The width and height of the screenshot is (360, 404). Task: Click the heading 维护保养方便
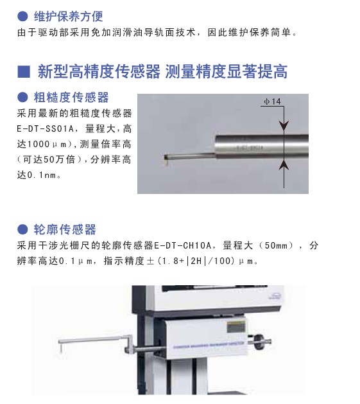coord(68,17)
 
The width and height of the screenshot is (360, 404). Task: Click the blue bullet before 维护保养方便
coord(22,17)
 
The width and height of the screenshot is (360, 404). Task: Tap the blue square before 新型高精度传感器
coord(24,72)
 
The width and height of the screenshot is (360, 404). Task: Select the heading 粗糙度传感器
coord(71,97)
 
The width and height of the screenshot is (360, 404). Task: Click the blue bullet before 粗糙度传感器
coord(22,98)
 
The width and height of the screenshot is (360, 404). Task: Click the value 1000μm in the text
coord(47,144)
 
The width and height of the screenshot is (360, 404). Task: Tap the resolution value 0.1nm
coord(42,175)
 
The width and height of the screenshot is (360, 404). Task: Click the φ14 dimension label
coord(272,101)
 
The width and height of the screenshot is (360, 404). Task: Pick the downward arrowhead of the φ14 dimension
coord(284,126)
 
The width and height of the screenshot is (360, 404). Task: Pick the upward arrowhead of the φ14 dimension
coord(284,165)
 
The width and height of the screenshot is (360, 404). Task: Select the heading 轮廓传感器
coord(65,229)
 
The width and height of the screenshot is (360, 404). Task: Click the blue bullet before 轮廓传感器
coord(22,229)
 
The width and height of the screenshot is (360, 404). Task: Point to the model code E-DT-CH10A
coord(183,245)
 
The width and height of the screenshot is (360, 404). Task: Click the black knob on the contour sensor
coord(259,342)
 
